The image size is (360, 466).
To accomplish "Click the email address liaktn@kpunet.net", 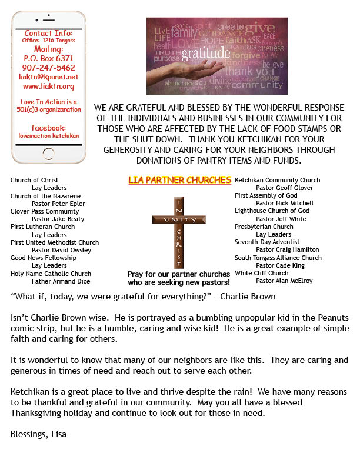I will (x=48, y=77).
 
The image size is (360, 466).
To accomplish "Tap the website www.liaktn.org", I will (x=48, y=86).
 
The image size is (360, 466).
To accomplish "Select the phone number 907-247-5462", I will (x=48, y=68).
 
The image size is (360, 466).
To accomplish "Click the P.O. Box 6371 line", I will (x=48, y=59).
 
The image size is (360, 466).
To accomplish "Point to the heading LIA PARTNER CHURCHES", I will (x=179, y=179).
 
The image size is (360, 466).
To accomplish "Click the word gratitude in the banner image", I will (x=205, y=55).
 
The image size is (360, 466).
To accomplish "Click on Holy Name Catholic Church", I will (x=51, y=274).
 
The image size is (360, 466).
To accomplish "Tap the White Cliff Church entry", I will (x=262, y=273).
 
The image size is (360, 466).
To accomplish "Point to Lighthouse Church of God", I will (x=272, y=211).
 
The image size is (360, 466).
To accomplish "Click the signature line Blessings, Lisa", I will (x=38, y=435).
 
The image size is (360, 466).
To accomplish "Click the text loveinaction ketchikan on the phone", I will (x=48, y=136).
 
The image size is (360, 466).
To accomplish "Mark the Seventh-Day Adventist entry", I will (x=266, y=242).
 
